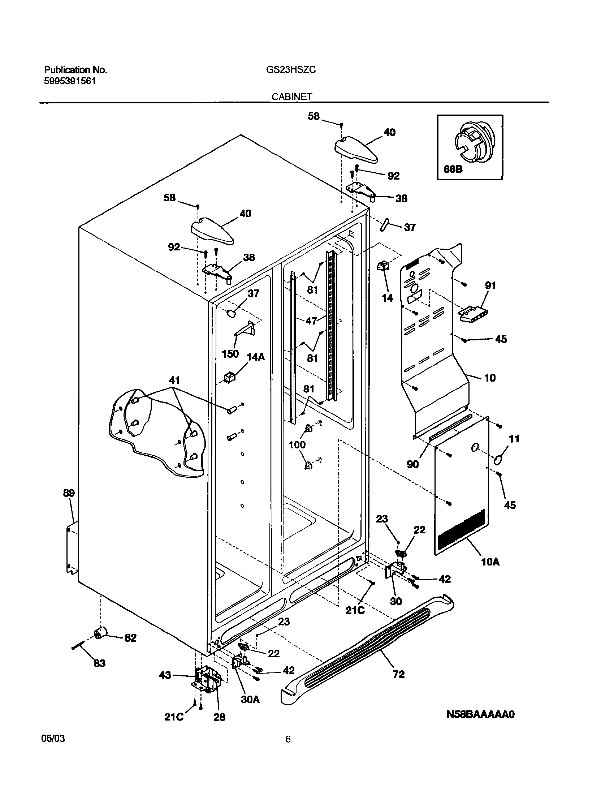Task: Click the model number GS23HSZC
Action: point(291,70)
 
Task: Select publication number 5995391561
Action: point(70,81)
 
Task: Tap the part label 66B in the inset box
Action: point(453,169)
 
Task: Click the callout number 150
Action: point(230,353)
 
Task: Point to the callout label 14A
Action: point(255,357)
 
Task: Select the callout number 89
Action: point(69,493)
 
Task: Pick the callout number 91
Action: point(490,285)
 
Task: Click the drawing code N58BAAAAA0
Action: point(480,714)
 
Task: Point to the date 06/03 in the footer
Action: point(54,738)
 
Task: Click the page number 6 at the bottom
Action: point(288,739)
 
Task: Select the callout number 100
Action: point(297,445)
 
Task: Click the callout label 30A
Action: point(250,699)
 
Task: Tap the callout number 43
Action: point(165,675)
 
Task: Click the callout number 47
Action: point(311,321)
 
